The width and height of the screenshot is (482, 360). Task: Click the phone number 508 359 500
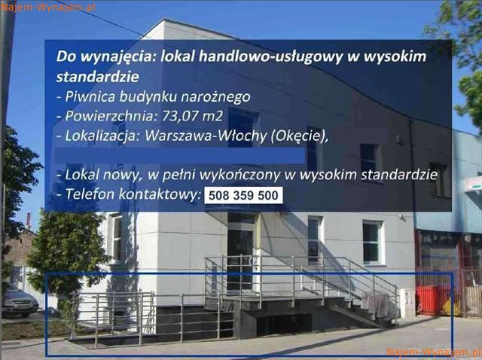pos(243,195)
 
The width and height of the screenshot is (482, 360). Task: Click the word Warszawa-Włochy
pos(206,136)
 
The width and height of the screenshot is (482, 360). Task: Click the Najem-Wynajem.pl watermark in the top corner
pos(48,7)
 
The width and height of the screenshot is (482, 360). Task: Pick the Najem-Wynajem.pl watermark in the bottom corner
pos(434,352)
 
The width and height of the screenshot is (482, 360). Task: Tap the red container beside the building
pos(433,300)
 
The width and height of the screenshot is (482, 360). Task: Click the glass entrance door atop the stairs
pos(240,260)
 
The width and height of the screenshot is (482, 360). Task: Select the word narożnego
pos(215,97)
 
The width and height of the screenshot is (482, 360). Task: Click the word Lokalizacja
pos(100,136)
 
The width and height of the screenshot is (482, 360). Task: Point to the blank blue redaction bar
pos(180,156)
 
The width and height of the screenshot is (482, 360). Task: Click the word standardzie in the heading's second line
pos(98,77)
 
